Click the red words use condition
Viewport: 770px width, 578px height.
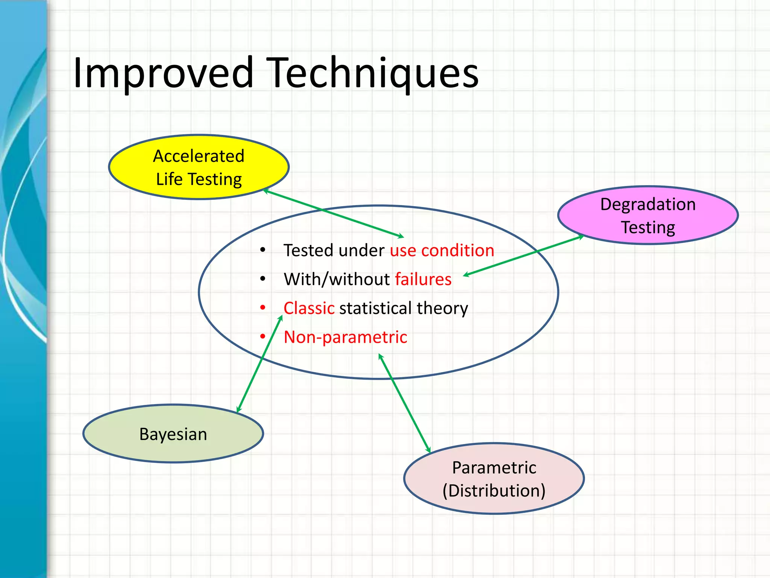pyautogui.click(x=442, y=251)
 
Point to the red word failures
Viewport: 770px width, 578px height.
pyautogui.click(x=423, y=279)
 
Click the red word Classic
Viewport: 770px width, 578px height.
pyautogui.click(x=309, y=308)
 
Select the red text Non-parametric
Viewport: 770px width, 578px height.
pyautogui.click(x=345, y=337)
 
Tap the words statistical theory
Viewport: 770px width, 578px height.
pyautogui.click(x=403, y=308)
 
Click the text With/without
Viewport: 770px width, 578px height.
pyautogui.click(x=337, y=279)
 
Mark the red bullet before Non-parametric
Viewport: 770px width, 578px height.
pyautogui.click(x=263, y=336)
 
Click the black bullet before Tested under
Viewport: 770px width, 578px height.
pyautogui.click(x=263, y=250)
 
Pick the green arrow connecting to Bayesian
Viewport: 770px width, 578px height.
pyautogui.click(x=259, y=364)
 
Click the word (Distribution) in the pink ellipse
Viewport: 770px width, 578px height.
pyautogui.click(x=494, y=491)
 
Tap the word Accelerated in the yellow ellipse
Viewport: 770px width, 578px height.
pyautogui.click(x=199, y=156)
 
